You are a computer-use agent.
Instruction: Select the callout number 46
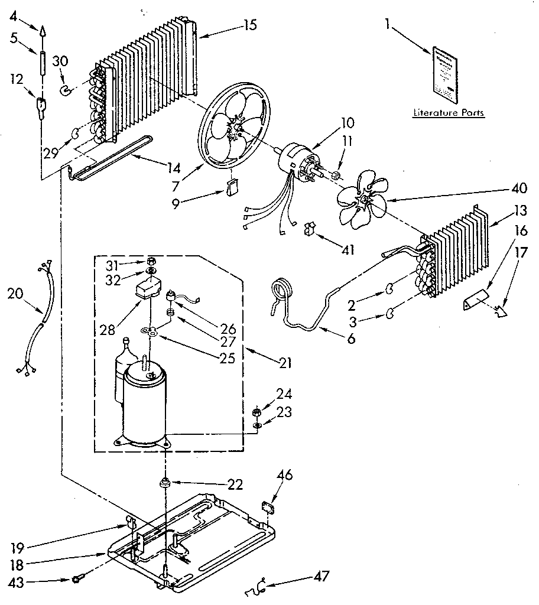point(284,474)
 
